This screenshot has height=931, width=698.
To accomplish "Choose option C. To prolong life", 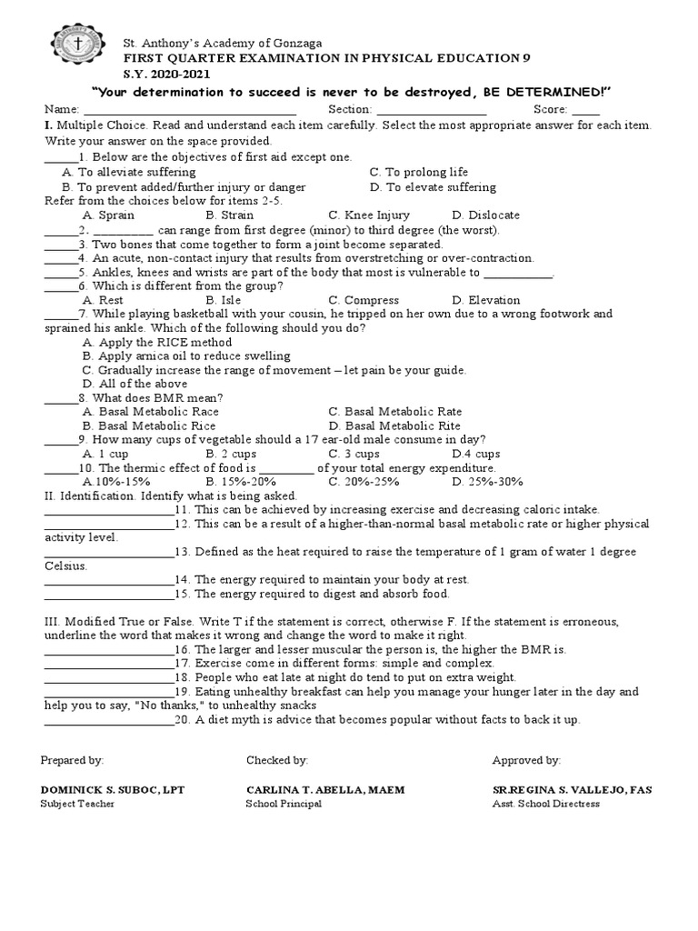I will [419, 172].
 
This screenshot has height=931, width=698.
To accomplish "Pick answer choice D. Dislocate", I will [485, 215].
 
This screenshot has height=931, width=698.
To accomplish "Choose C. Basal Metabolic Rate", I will [394, 412].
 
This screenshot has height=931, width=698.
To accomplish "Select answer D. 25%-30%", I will [488, 482].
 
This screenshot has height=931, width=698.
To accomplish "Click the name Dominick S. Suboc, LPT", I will [113, 790].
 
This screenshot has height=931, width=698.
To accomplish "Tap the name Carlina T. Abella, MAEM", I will [325, 790].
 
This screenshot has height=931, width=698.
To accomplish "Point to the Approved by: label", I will [526, 760].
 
